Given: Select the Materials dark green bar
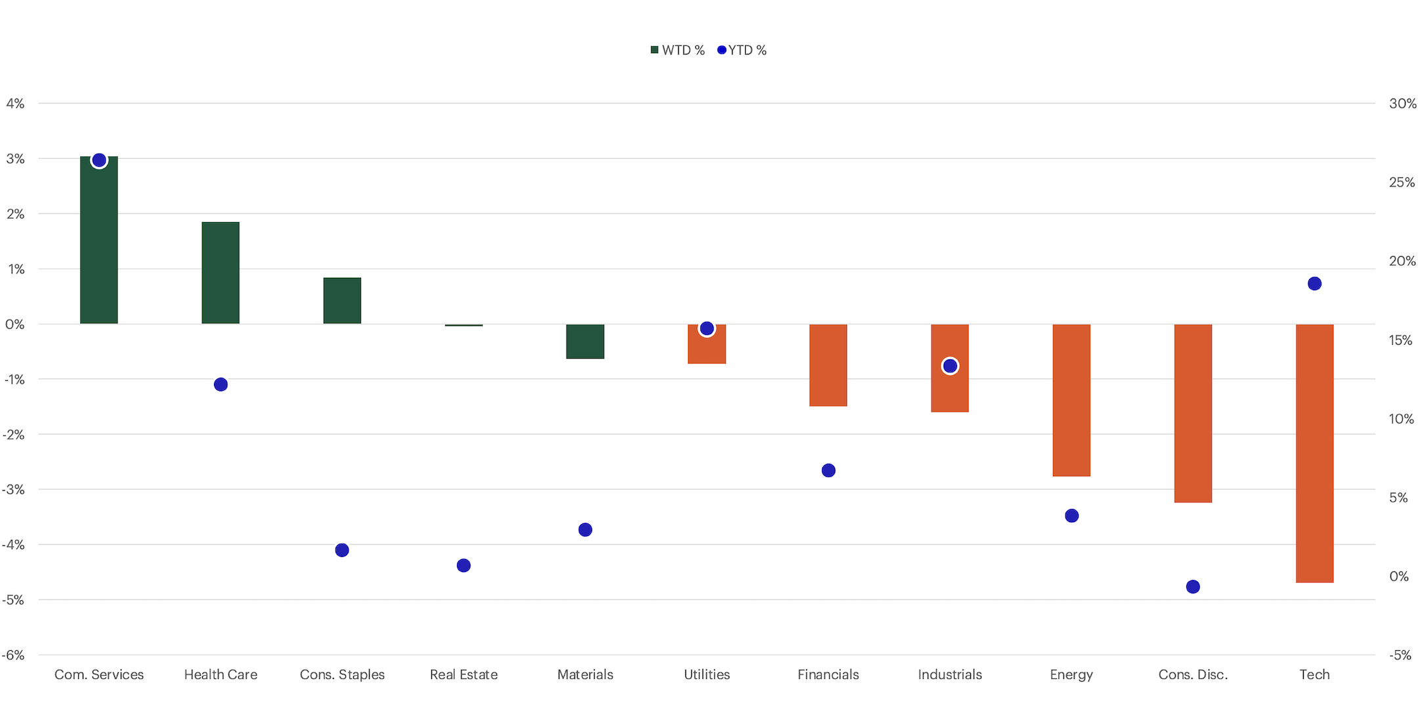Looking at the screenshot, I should click(x=585, y=341).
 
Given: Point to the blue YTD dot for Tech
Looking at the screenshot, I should click(x=1314, y=284).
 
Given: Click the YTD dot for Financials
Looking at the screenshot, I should click(x=828, y=470).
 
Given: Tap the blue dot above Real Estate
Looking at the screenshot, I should click(x=463, y=565).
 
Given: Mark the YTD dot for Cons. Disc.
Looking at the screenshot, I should click(x=1193, y=586).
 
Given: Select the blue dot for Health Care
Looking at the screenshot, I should click(x=221, y=384).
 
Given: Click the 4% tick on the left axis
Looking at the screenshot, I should click(x=15, y=103).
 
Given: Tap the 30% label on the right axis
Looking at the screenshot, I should click(x=1402, y=103).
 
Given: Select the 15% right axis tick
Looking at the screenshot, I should click(x=1401, y=340).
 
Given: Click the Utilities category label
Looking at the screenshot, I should click(x=706, y=674).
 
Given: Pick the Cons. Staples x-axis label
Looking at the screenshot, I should click(x=342, y=674).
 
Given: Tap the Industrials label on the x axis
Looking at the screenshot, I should click(x=949, y=674).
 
